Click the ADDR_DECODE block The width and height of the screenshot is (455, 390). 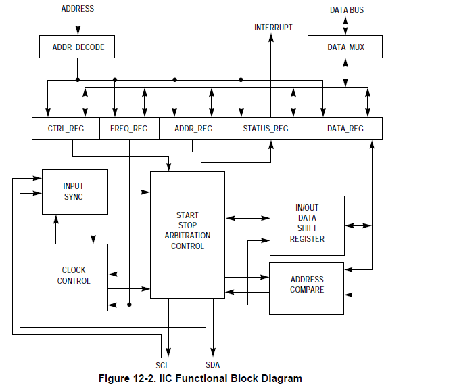(78, 47)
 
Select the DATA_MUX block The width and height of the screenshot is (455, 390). (345, 47)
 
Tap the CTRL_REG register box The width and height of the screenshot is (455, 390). (66, 129)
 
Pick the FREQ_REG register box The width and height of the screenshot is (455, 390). (129, 129)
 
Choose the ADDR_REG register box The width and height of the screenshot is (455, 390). (193, 129)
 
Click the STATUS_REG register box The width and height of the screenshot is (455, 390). (266, 129)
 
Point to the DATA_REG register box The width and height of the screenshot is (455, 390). (345, 129)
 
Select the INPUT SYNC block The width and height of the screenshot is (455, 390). (74, 192)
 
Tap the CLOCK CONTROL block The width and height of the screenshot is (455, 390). (74, 276)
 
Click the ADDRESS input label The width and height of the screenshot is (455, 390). (78, 9)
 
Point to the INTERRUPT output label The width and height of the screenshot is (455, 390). (273, 28)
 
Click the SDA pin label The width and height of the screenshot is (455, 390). (212, 366)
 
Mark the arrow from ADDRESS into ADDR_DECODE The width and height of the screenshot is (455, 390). (78, 24)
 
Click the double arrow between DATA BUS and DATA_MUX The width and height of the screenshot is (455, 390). (345, 25)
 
